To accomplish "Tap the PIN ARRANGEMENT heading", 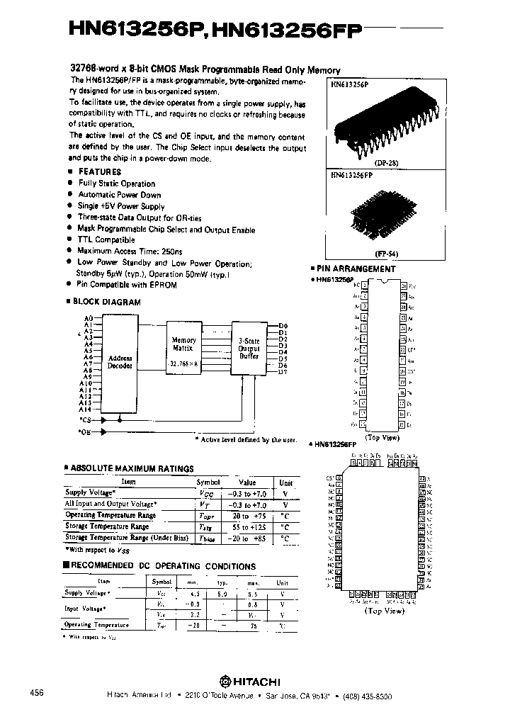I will (356, 269).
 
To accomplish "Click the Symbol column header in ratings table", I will (208, 482).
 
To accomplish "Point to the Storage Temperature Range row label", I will (107, 527).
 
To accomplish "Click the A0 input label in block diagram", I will (89, 318).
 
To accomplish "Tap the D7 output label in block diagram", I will (283, 372).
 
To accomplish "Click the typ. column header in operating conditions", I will (223, 582).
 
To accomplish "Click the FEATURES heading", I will (98, 171).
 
